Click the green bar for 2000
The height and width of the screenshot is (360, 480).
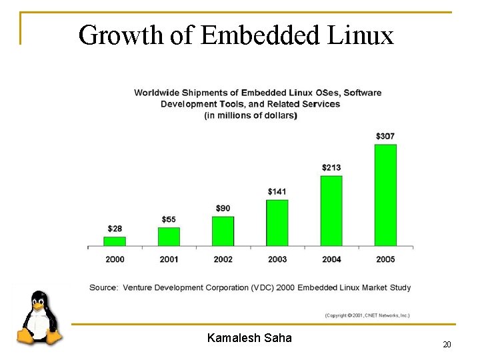coord(115,241)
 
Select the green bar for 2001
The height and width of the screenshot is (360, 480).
coord(169,237)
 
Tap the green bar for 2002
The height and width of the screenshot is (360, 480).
coord(223,231)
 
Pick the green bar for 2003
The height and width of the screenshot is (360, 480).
coord(277,223)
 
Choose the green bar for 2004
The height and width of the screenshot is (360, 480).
coord(331,211)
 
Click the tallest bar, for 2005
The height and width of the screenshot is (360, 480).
coord(385,195)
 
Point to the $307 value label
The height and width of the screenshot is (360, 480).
coord(385,136)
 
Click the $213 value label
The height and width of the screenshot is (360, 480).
coord(331,167)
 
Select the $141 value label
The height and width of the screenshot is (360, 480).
coord(277,191)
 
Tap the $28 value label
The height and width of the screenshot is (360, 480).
coord(115,229)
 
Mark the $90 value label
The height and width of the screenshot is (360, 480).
coord(223,209)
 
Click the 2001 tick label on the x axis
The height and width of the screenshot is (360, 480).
coord(169,259)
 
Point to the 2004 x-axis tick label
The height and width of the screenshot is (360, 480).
coord(331,259)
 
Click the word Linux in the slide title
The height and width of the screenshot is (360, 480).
coord(361,35)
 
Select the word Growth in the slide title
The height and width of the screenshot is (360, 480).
coord(121,35)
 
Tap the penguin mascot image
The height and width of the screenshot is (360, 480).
coord(39,319)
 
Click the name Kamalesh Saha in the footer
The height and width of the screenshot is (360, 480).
coord(249,338)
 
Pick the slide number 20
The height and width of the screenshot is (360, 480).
coord(447,345)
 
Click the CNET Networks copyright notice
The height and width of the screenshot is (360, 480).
coord(367,315)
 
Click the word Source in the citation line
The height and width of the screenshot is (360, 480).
coord(103,287)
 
